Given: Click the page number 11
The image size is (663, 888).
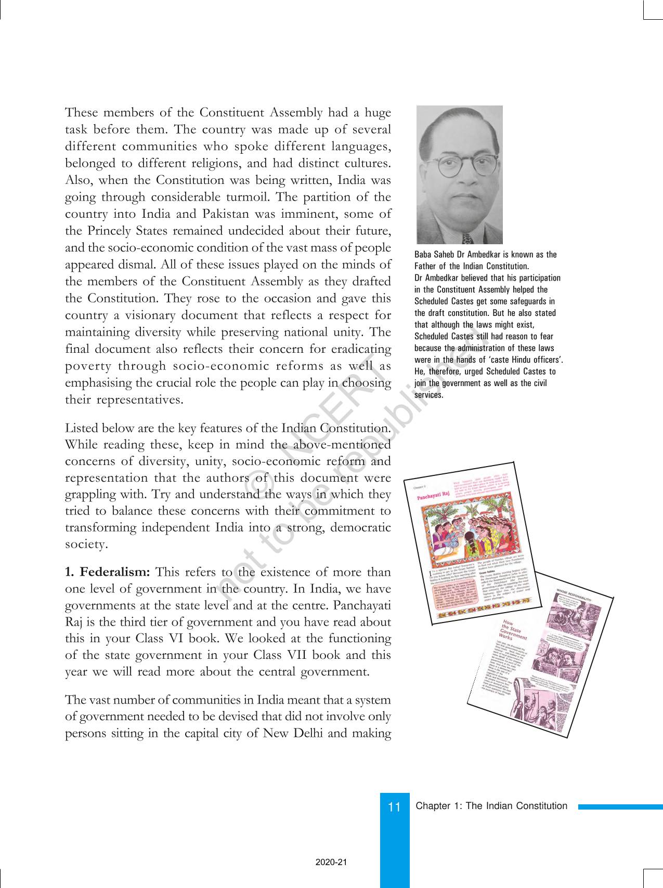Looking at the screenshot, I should pyautogui.click(x=394, y=807).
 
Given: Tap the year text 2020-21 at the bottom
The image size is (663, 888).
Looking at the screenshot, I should pyautogui.click(x=331, y=862).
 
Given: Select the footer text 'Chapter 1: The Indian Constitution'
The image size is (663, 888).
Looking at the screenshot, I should pyautogui.click(x=491, y=806).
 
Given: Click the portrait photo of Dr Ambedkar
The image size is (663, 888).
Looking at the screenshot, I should pyautogui.click(x=459, y=175).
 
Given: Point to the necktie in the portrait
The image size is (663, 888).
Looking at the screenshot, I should pyautogui.click(x=466, y=238).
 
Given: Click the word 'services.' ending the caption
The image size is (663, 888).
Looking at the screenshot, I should pyautogui.click(x=429, y=395).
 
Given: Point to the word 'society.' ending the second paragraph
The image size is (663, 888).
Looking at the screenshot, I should pyautogui.click(x=86, y=544).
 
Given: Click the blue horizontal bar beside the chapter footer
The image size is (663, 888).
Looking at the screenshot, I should pyautogui.click(x=620, y=807).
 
